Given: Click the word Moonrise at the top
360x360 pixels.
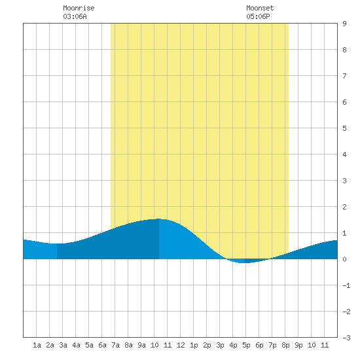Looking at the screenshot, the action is coord(79,8).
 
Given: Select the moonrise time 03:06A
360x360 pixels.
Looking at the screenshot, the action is coord(75,16).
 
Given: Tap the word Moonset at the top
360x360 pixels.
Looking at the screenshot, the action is coord(260,8).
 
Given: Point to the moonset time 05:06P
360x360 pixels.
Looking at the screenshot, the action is coord(258,16).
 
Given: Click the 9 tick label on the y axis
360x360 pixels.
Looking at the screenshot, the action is coord(344,24).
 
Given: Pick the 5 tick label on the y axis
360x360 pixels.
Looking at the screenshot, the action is coord(344,128).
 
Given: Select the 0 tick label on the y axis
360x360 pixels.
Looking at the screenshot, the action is coord(344,259).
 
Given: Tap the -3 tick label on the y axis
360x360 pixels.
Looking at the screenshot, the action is coord(346,338).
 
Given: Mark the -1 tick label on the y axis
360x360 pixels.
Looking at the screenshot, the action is coord(346,285).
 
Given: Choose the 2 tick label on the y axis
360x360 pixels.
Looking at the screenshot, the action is coord(344,207).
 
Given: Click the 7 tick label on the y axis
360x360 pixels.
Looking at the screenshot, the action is coord(344,76).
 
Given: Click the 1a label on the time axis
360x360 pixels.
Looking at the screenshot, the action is coord(37,345).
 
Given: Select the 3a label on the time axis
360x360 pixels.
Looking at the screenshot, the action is coord(63,345).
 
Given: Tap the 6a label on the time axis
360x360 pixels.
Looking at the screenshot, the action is coord(102,345).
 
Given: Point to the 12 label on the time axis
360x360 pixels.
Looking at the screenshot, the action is coord(181,345).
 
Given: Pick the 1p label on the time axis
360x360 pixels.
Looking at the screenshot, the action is coord(194,345).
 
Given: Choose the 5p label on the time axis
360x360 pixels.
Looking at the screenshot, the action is coord(246,345).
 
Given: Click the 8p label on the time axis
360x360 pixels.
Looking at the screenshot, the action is coord(285,345).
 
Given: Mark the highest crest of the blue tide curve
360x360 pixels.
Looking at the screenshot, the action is coord(159,219).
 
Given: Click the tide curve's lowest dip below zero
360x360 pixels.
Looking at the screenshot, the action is coord(244,262).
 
